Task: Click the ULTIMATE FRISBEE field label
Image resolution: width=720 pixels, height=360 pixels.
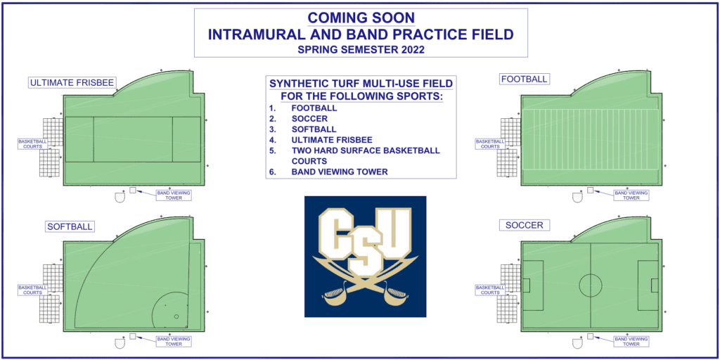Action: click(x=72, y=83)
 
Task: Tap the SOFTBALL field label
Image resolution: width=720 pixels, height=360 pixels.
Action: click(x=70, y=226)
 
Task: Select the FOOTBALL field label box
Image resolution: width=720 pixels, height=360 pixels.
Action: click(x=525, y=79)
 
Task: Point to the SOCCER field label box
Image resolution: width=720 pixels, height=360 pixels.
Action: click(x=524, y=226)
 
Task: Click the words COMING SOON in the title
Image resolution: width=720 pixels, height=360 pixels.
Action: click(x=361, y=18)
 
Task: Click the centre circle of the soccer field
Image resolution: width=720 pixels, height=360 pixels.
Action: click(x=591, y=285)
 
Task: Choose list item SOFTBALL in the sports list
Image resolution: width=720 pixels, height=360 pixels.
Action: click(x=314, y=129)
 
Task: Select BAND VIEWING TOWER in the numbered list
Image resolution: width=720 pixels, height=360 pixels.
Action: click(x=340, y=172)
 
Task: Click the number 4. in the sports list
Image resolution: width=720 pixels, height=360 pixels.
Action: click(x=272, y=140)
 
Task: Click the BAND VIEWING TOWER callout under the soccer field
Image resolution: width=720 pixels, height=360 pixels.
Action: click(x=631, y=341)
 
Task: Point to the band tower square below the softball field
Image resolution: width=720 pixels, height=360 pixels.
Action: click(x=133, y=336)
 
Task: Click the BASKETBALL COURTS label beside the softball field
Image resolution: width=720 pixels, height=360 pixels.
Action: click(x=32, y=290)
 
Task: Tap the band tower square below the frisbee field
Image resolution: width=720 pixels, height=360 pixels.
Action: click(x=133, y=190)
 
